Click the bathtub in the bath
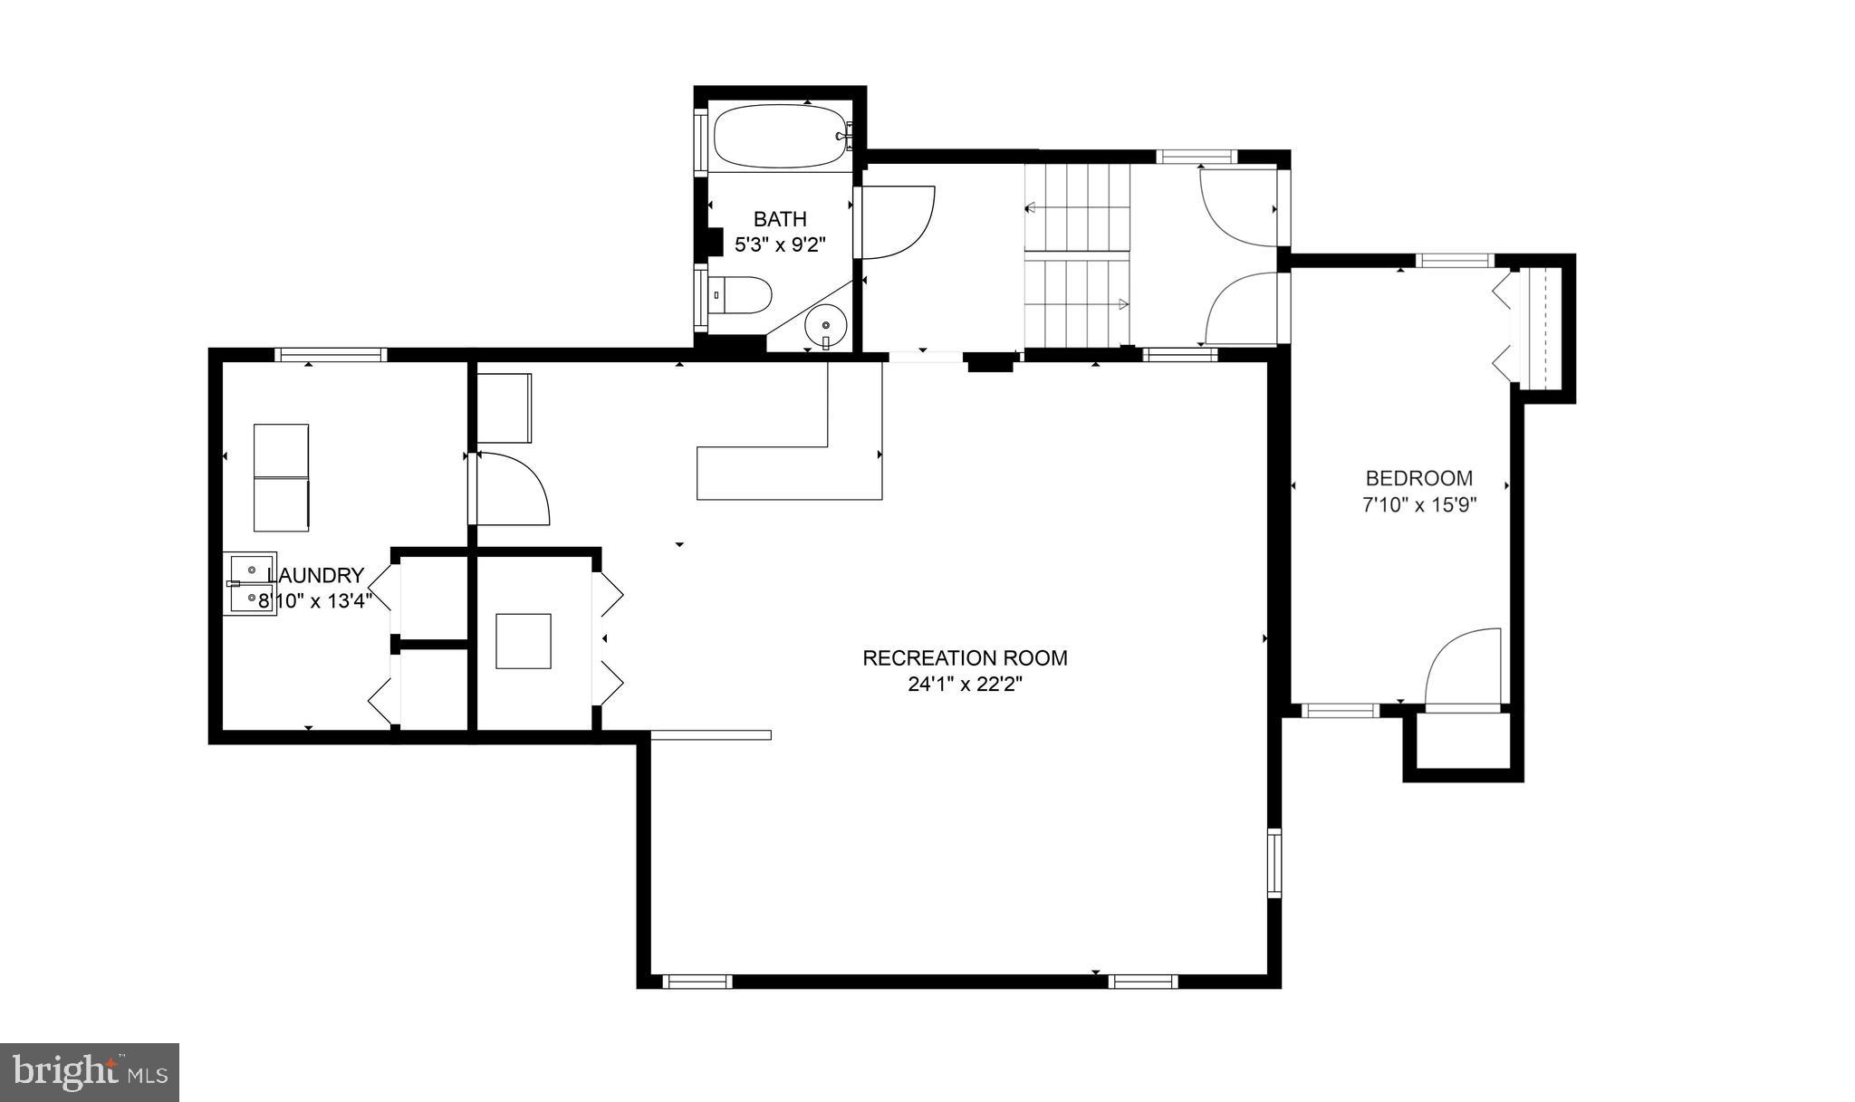[x=780, y=137]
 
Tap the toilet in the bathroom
[x=744, y=295]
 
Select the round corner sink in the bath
[x=825, y=323]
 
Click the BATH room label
[x=780, y=219]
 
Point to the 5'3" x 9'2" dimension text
[x=780, y=244]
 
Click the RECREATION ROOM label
[x=965, y=658]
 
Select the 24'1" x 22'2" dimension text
[x=965, y=685]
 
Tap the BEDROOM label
[x=1419, y=478]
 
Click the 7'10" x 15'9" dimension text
[x=1419, y=504]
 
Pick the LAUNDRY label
[x=317, y=575]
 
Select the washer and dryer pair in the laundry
[x=281, y=477]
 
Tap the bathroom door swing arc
[x=895, y=222]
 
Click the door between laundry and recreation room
[x=512, y=489]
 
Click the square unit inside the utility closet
[x=524, y=641]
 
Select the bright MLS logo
[x=90, y=1072]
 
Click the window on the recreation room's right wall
[x=1274, y=862]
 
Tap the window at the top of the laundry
[x=331, y=355]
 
